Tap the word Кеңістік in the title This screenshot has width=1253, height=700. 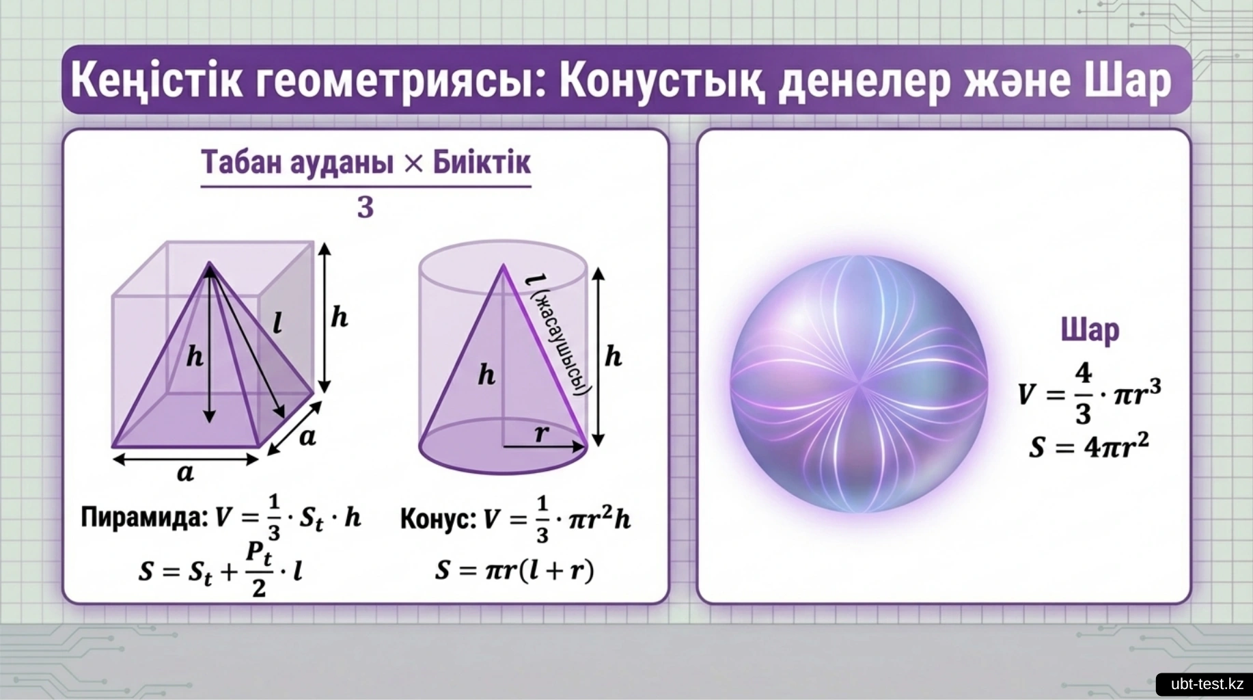(156, 79)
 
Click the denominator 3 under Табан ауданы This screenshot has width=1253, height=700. (366, 206)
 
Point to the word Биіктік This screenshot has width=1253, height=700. (482, 162)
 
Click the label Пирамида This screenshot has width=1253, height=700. (144, 517)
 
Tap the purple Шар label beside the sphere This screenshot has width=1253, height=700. (1090, 330)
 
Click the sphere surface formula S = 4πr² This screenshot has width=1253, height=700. (1089, 446)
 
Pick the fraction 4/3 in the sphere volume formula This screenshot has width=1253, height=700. (1083, 393)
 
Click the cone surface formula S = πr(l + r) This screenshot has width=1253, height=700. (514, 569)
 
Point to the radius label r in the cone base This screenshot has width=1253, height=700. (541, 433)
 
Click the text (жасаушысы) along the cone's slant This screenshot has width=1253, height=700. (561, 343)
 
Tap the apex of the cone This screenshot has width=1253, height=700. (504, 265)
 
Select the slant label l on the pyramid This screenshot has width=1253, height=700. (277, 322)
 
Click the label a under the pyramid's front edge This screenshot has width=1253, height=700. (185, 472)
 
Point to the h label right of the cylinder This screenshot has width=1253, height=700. (614, 356)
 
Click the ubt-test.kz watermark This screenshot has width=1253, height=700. (1207, 684)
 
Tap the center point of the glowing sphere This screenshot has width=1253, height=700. (859, 384)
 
